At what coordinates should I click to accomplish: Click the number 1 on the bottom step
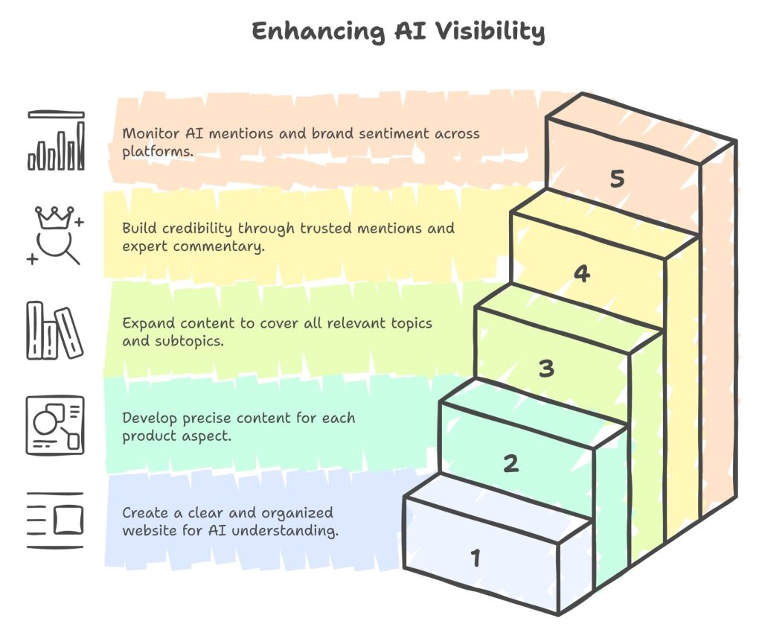click(476, 557)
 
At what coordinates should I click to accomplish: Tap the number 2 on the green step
click(510, 463)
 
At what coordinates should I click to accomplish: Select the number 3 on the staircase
click(546, 368)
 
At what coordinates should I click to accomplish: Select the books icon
click(54, 331)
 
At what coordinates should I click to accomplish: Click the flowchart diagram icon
click(56, 425)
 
